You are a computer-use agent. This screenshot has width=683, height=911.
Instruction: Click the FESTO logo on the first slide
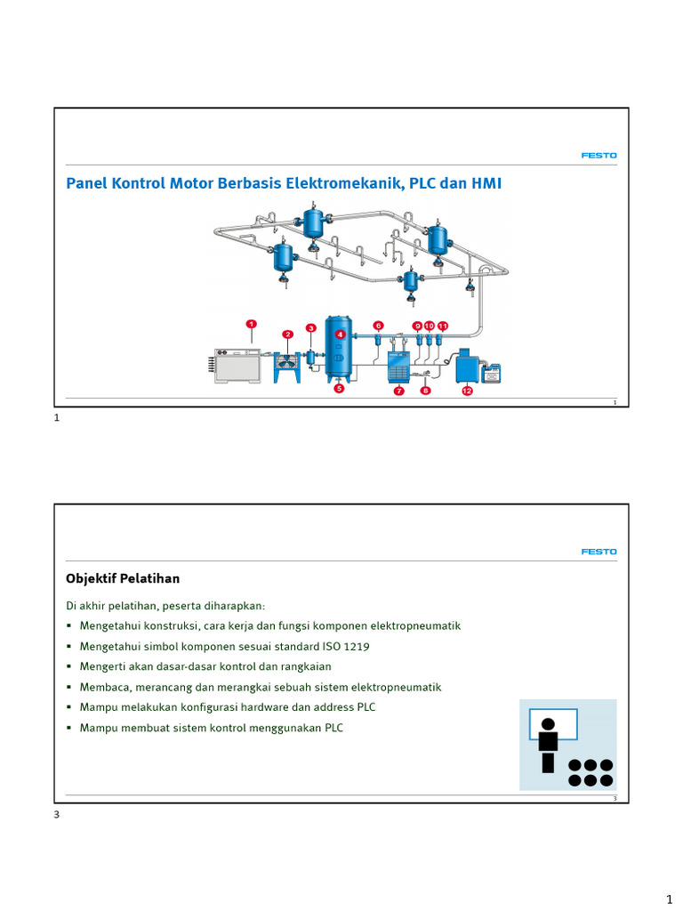[599, 156]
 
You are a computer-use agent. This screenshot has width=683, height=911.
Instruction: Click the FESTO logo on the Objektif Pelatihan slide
[599, 552]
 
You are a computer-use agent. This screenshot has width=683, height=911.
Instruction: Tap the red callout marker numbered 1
[252, 325]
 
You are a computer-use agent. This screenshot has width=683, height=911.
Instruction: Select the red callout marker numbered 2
[288, 335]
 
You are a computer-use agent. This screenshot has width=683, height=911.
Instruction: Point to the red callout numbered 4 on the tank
[340, 335]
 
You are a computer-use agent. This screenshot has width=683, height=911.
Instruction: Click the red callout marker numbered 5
[339, 389]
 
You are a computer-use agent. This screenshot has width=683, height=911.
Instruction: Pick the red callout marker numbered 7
[399, 391]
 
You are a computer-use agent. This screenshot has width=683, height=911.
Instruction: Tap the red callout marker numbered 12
[467, 391]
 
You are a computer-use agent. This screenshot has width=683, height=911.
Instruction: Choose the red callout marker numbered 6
[378, 326]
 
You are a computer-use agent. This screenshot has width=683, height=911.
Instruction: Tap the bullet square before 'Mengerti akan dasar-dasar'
[70, 666]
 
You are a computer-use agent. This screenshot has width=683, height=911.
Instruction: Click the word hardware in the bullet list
[259, 707]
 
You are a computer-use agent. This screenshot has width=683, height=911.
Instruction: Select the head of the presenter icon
[548, 724]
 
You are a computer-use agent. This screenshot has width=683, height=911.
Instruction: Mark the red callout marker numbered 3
[311, 328]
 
